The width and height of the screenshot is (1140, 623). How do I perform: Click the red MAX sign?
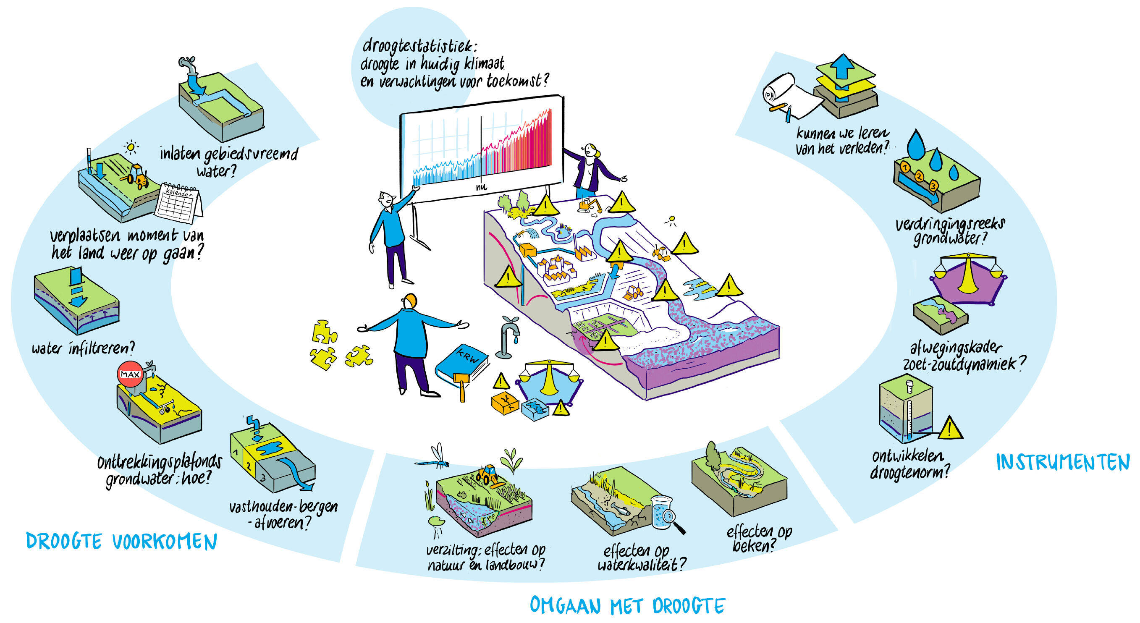coord(130,374)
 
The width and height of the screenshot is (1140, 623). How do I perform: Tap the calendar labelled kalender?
coord(178,204)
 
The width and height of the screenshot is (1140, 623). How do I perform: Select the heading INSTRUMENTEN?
coord(1063,462)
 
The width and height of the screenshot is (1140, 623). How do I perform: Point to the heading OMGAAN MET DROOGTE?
coord(627,605)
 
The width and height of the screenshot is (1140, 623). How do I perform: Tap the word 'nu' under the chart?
coord(481,187)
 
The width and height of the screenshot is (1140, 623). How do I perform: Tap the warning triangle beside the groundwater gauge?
coord(950,428)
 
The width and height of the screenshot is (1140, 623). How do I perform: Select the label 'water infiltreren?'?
coord(83,348)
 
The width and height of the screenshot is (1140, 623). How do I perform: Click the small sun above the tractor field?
coord(131,147)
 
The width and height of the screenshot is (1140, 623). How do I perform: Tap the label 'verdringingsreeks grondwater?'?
coord(950,231)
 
